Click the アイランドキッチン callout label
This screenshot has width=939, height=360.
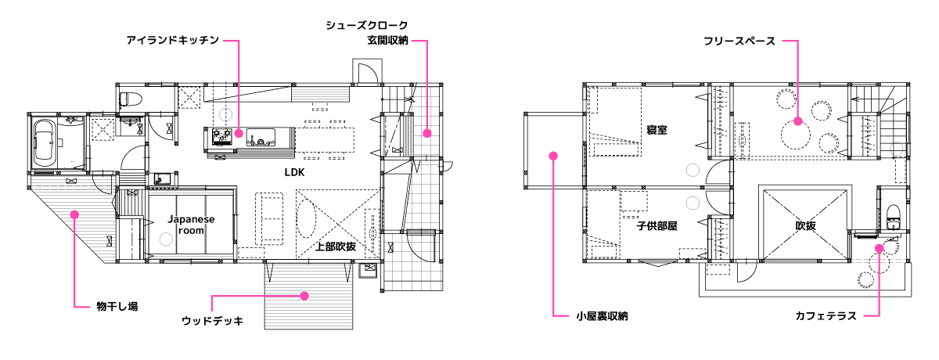171,39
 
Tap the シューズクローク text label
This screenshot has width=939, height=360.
367,26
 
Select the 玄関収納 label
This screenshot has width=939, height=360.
387,39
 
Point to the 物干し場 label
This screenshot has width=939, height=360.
117,305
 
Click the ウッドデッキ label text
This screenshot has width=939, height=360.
212,321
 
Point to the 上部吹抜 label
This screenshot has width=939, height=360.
336,247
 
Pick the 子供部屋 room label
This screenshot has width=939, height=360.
656,225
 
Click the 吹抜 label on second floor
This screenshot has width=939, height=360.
807,225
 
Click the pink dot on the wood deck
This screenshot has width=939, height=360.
305,296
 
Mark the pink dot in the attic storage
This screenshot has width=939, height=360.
553,156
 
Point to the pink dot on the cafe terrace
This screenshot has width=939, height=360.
879,248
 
